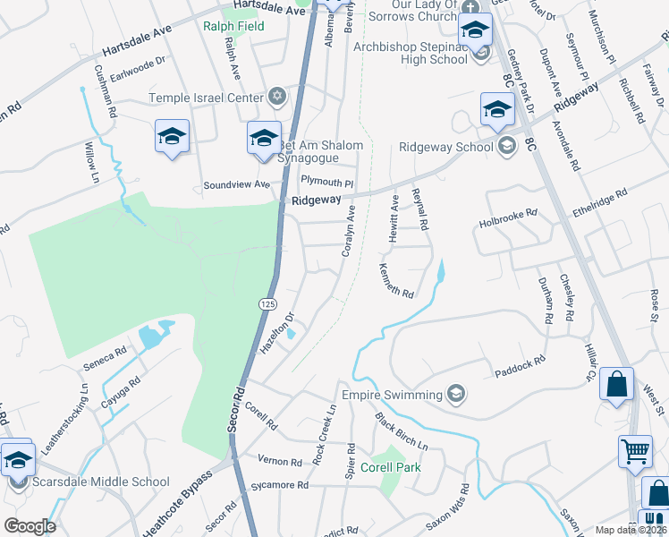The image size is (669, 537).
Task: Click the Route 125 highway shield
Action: click(267, 304)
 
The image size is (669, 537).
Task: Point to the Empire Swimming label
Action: click(392, 395)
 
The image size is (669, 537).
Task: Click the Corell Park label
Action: click(390, 467)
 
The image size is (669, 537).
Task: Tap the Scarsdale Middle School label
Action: click(100, 482)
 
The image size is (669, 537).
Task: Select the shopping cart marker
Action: click(635, 450)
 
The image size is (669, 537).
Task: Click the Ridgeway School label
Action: click(446, 147)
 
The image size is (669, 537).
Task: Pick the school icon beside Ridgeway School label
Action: click(506, 147)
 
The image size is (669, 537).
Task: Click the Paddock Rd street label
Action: click(520, 364)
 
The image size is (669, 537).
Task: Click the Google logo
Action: click(30, 526)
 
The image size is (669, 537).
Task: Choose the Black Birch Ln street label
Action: click(402, 431)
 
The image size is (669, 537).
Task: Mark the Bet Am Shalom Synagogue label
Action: click(321, 151)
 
